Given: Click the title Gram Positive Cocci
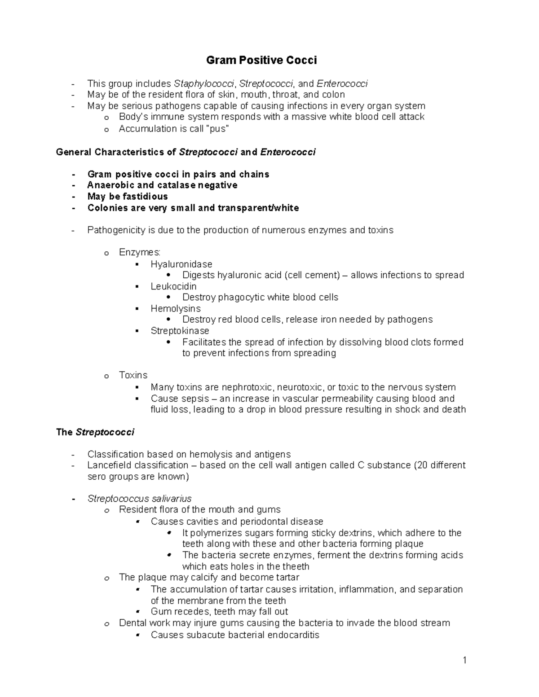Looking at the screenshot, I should [261, 60].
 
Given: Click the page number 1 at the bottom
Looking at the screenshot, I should [465, 660].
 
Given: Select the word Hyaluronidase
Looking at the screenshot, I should [181, 264].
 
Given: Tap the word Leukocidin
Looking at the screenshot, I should [173, 286].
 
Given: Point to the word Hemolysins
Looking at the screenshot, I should [175, 309].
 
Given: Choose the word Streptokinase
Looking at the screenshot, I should [180, 331].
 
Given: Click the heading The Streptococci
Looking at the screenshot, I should [95, 432].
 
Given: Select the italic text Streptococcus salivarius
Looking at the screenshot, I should [139, 499].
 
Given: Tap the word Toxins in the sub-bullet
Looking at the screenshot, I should [133, 375].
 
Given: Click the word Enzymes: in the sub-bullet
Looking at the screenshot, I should [139, 252].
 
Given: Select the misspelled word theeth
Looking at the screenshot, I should [294, 566].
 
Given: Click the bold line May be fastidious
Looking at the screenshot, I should [128, 197].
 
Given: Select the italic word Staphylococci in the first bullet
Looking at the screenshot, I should [204, 83].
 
